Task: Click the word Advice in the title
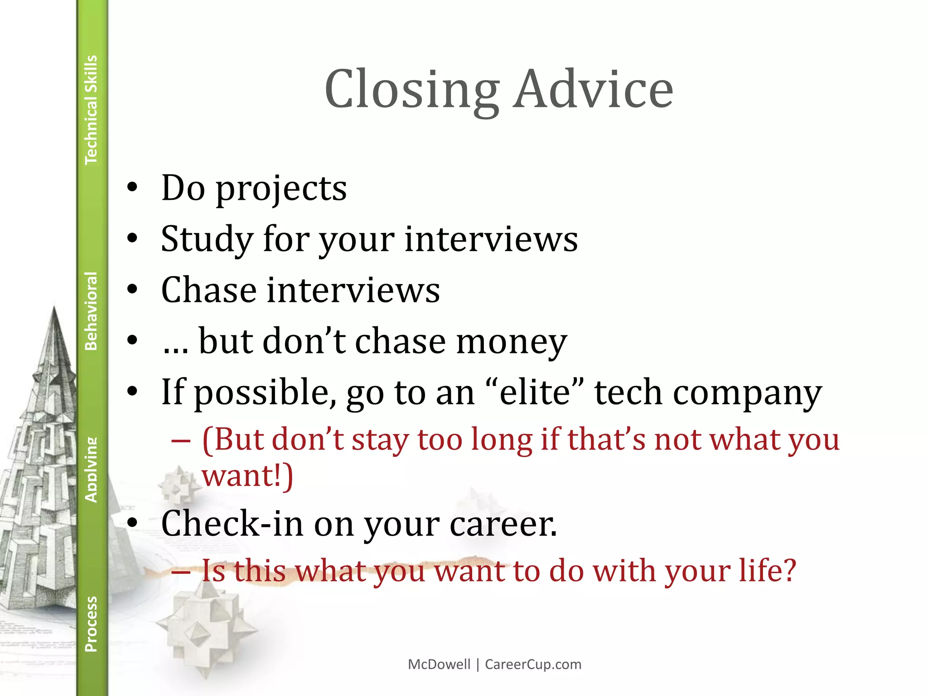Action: [x=594, y=89]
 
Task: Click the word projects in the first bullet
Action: [x=281, y=189]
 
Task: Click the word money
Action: [x=511, y=342]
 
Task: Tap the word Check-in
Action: [x=232, y=524]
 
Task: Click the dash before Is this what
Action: [x=181, y=571]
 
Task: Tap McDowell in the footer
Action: [x=439, y=664]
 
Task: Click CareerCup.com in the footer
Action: [x=533, y=664]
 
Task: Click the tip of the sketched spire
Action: [x=54, y=308]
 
